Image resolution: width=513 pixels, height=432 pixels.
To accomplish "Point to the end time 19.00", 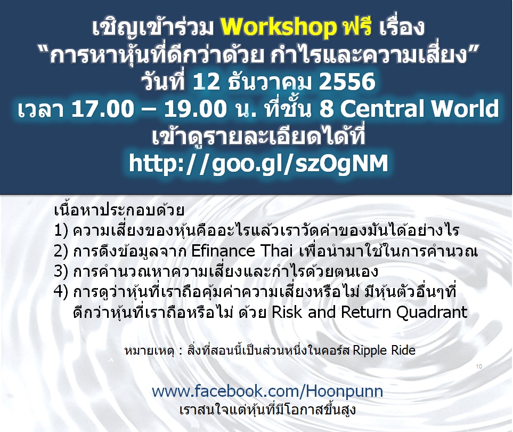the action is coord(196,108).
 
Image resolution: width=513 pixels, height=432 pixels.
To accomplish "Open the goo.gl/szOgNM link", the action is coord(258,163).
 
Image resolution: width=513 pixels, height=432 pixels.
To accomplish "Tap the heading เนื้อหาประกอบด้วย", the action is coord(119,210).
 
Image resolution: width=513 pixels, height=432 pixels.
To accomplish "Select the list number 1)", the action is coord(61,230).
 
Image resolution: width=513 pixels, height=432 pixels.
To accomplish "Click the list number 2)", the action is coord(61,251).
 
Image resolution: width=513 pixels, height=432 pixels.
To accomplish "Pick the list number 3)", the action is coord(61,271).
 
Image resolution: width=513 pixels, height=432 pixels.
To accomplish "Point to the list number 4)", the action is coord(61,292).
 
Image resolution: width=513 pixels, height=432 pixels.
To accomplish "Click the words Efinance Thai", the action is coord(241,251).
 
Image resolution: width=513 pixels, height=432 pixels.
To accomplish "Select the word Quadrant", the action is coord(432,313).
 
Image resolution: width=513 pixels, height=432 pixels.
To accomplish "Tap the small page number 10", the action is coord(479,366).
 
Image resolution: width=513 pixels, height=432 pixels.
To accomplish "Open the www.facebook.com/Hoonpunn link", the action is coord(267,391).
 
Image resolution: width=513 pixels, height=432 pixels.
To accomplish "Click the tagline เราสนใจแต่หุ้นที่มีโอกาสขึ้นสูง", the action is coord(267,410).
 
